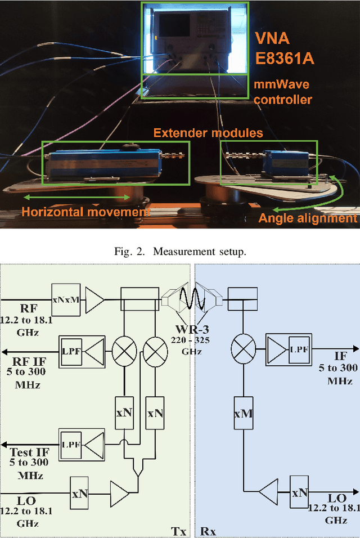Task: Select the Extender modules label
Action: click(x=208, y=133)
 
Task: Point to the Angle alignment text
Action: click(x=308, y=218)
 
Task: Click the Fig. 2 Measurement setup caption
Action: click(x=179, y=252)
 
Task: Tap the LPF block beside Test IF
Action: click(x=71, y=443)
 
